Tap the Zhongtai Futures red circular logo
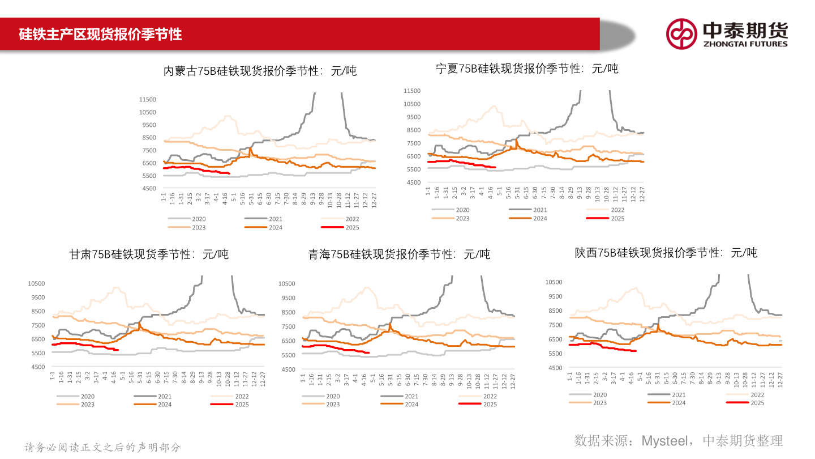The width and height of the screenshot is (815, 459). (681, 34)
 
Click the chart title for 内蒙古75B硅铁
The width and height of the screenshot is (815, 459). (260, 71)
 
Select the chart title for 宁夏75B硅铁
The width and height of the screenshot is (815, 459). (527, 69)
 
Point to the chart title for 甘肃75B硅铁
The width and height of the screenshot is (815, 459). (149, 254)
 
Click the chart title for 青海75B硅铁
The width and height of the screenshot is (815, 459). (399, 254)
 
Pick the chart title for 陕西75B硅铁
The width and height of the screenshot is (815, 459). (666, 253)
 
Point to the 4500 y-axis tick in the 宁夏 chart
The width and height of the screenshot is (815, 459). (413, 182)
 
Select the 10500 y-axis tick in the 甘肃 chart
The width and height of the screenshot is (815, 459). (36, 283)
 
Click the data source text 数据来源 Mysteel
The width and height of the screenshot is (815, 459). (678, 440)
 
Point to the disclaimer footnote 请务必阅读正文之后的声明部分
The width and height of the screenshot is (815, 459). (102, 447)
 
